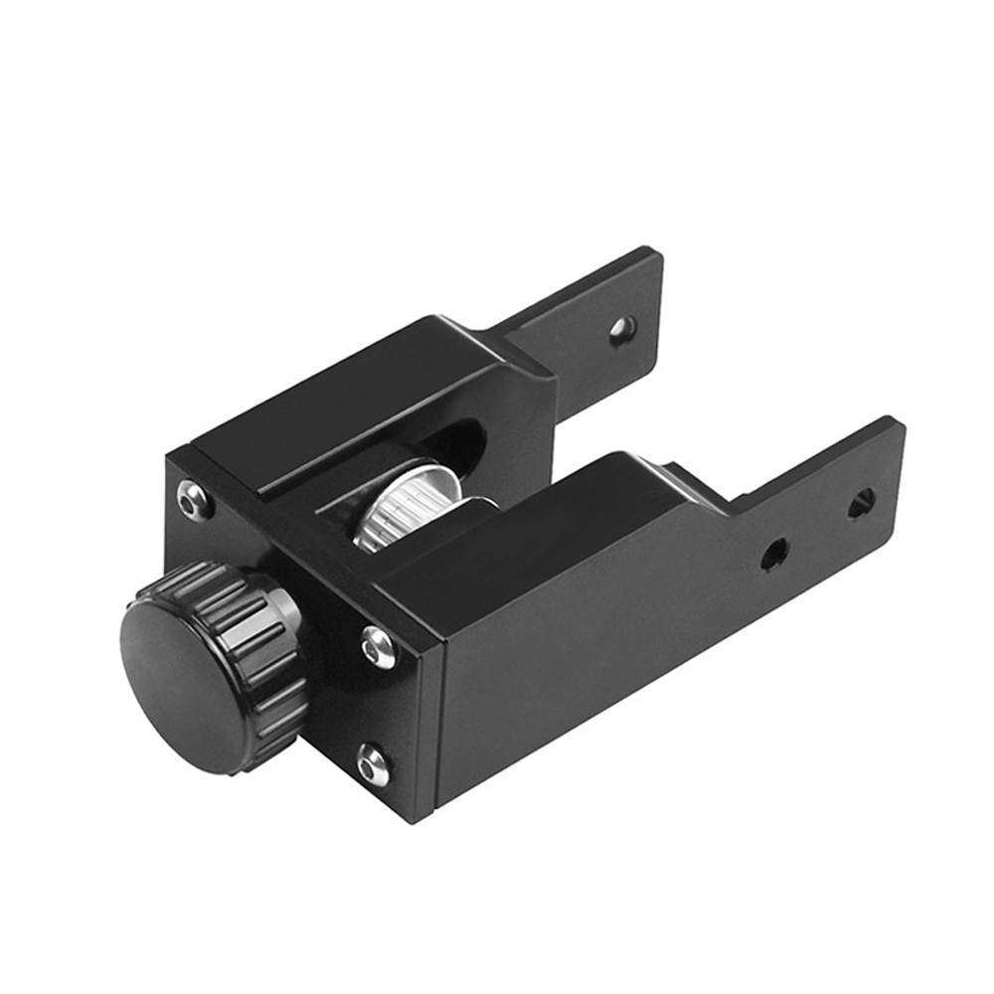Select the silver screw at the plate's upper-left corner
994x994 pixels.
coord(195,499)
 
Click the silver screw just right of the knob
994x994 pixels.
coord(378,647)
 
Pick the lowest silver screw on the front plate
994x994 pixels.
coord(373,764)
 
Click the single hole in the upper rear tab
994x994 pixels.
coord(621,327)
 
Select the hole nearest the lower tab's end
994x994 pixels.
coord(861,503)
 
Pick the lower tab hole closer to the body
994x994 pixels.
coord(773,554)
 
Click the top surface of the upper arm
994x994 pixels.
coord(358,398)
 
